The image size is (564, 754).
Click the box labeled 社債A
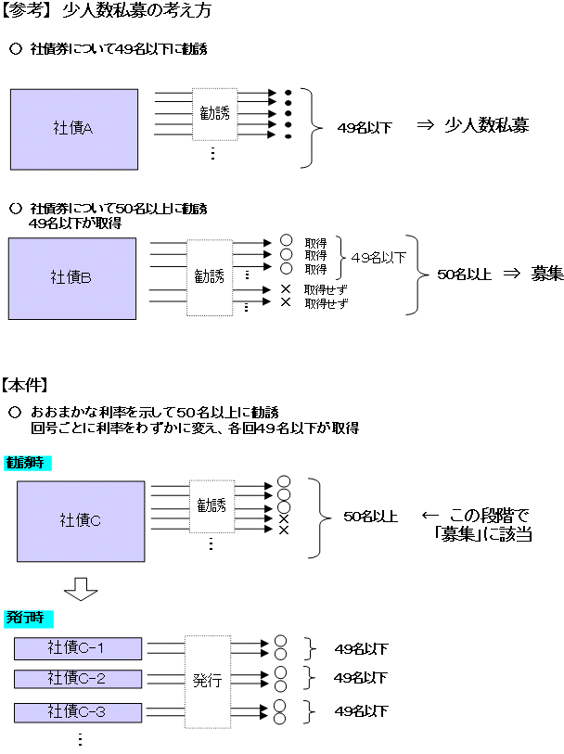tap(74, 128)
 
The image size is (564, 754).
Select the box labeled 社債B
tap(72, 277)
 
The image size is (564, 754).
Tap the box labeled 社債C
tap(81, 520)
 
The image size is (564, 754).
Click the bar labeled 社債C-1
tap(78, 648)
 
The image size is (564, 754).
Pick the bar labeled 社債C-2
tap(78, 679)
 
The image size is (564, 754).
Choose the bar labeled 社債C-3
tap(78, 712)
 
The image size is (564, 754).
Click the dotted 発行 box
tap(208, 680)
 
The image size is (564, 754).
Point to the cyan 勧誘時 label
tap(28, 462)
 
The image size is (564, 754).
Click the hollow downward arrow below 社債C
tap(80, 587)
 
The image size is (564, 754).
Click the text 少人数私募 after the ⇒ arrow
tap(486, 125)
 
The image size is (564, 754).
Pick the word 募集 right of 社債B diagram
tap(547, 274)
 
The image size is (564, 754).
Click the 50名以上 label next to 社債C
tap(370, 517)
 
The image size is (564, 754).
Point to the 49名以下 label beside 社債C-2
tap(360, 678)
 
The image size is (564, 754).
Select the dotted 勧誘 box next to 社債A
tap(215, 114)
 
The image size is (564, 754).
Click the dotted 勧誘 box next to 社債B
tap(210, 276)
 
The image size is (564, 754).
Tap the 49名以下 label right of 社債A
tap(365, 128)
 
